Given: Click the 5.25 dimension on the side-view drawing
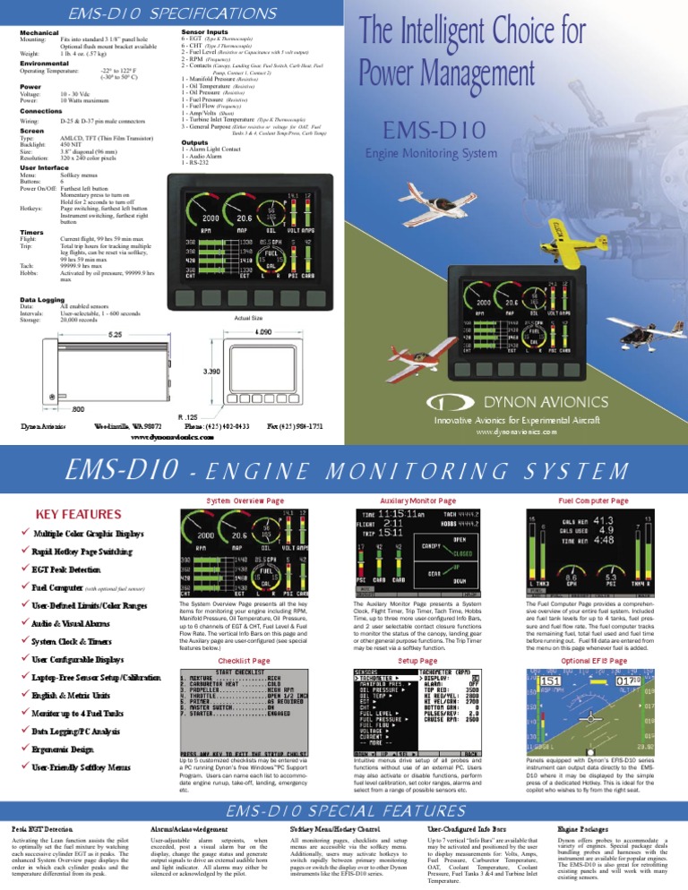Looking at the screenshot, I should tap(116, 310).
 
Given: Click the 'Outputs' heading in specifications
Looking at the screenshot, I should tap(195, 141).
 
